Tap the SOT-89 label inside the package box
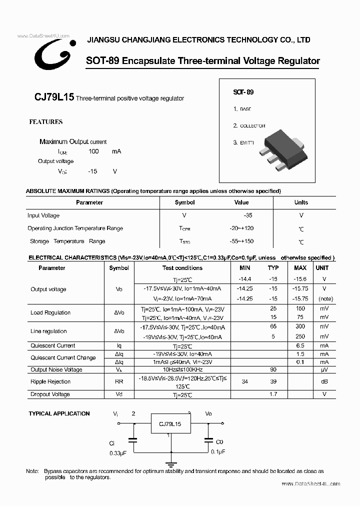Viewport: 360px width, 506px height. click(x=243, y=92)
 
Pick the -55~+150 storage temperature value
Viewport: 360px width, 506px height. click(x=241, y=241)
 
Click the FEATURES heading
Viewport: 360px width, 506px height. click(x=46, y=122)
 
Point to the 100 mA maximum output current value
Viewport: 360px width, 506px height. click(x=93, y=151)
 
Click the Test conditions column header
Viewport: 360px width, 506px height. click(x=182, y=268)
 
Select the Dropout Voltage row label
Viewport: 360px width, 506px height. click(x=50, y=394)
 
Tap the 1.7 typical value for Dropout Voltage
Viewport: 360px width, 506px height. click(x=273, y=394)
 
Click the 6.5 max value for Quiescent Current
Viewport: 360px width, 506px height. click(x=300, y=345)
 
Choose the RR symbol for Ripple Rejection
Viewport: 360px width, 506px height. click(x=119, y=381)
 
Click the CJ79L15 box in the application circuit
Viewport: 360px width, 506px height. click(x=170, y=424)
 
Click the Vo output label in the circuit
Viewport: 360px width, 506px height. click(x=208, y=414)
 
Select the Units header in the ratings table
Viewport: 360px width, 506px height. click(x=301, y=202)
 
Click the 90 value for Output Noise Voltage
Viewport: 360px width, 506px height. click(x=273, y=369)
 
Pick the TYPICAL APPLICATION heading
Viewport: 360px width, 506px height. click(x=59, y=413)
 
